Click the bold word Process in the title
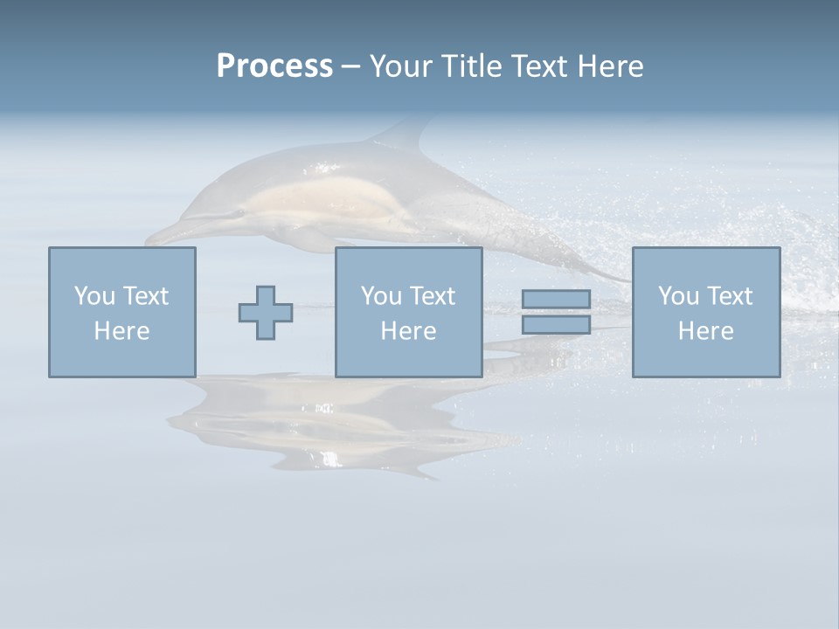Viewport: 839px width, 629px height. [x=274, y=66]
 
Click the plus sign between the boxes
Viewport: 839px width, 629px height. [x=266, y=313]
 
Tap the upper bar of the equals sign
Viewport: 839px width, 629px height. [x=556, y=299]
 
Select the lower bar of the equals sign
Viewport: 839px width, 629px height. [x=556, y=325]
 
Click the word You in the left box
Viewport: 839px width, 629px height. [x=94, y=296]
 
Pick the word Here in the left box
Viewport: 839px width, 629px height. [x=121, y=331]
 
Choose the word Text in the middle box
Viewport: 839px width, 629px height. [x=432, y=296]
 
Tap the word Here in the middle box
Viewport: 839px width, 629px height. [x=408, y=331]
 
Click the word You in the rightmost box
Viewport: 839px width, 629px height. [x=678, y=296]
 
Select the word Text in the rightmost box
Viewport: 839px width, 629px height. [x=729, y=296]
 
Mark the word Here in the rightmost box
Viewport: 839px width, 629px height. [x=705, y=331]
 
